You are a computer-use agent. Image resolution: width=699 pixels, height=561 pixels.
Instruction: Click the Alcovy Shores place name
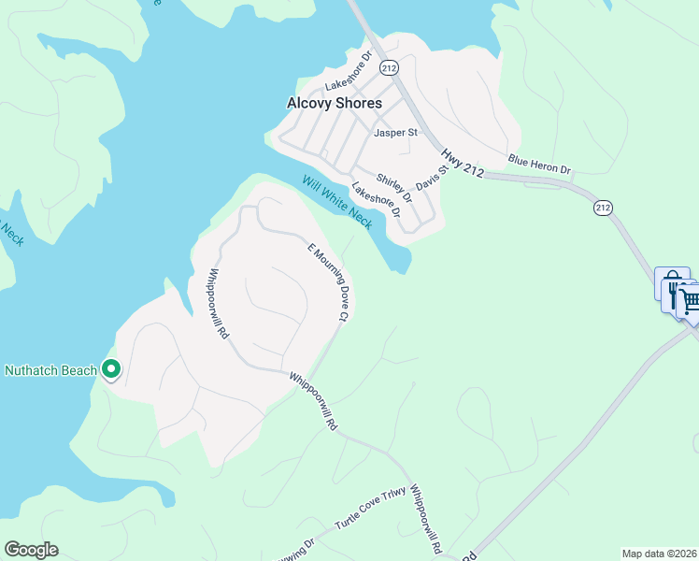pyautogui.click(x=334, y=103)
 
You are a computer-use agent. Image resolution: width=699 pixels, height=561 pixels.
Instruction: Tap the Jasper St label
pyautogui.click(x=395, y=133)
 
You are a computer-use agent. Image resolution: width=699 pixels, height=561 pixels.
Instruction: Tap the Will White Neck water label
pyautogui.click(x=336, y=201)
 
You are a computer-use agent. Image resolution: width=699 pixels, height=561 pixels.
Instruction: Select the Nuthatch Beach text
pyautogui.click(x=50, y=370)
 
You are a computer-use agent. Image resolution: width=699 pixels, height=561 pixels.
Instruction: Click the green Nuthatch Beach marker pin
pyautogui.click(x=111, y=370)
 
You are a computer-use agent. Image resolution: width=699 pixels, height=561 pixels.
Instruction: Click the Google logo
pyautogui.click(x=31, y=550)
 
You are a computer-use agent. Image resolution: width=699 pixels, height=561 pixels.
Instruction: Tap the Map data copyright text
pyautogui.click(x=659, y=554)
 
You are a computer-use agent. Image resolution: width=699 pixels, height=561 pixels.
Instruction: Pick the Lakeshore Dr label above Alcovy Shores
pyautogui.click(x=349, y=69)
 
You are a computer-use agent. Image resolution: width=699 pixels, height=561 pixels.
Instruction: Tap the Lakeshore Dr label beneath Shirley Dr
pyautogui.click(x=376, y=199)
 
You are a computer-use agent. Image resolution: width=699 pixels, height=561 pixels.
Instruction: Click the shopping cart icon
pyautogui.click(x=689, y=301)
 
